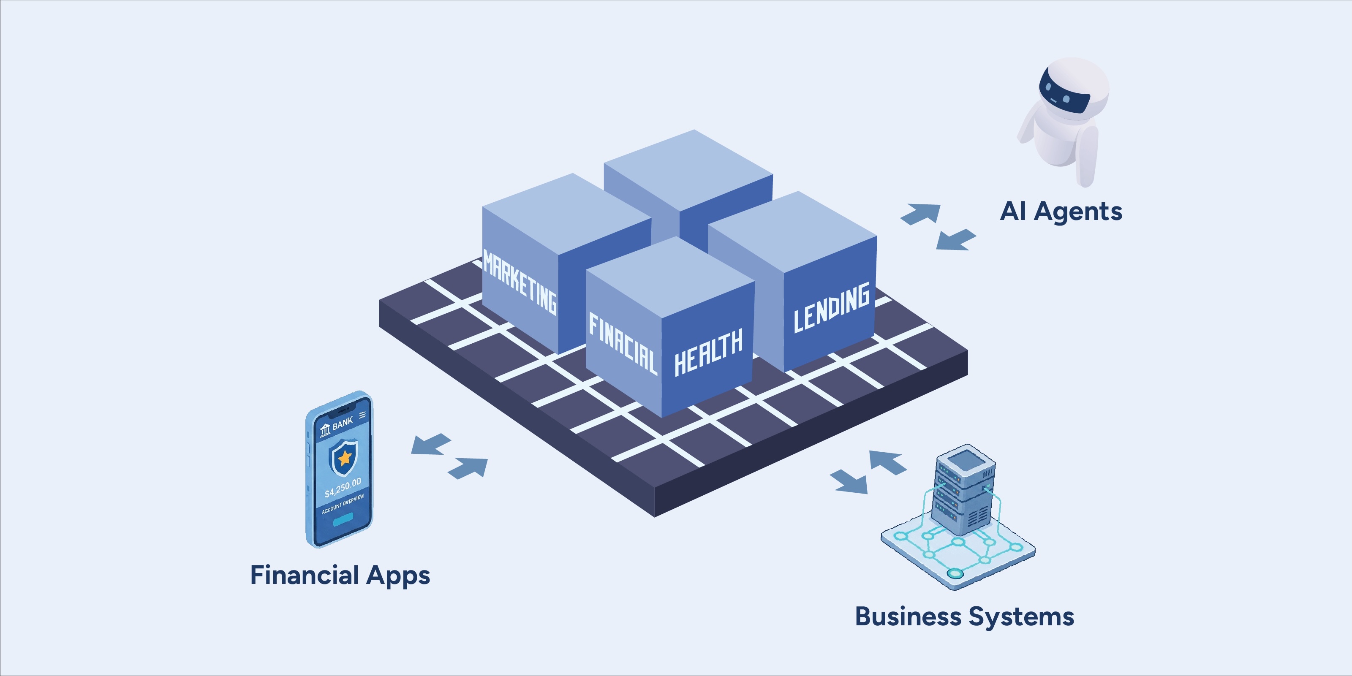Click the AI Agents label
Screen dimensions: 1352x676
click(1061, 212)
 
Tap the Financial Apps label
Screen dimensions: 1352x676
click(340, 575)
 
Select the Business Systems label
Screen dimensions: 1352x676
click(965, 617)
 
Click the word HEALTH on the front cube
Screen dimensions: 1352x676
click(709, 352)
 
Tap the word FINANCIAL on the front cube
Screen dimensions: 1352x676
click(623, 344)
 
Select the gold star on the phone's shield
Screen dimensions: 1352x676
click(344, 458)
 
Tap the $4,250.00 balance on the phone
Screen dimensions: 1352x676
click(343, 488)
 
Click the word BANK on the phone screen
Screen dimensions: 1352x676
click(342, 423)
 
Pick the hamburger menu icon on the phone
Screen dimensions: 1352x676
click(362, 415)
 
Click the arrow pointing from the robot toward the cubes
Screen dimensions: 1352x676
click(956, 239)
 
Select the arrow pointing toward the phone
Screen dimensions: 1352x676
click(431, 444)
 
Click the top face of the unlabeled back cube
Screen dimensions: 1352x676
click(688, 170)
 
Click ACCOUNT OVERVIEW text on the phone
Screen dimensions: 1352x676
click(343, 504)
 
